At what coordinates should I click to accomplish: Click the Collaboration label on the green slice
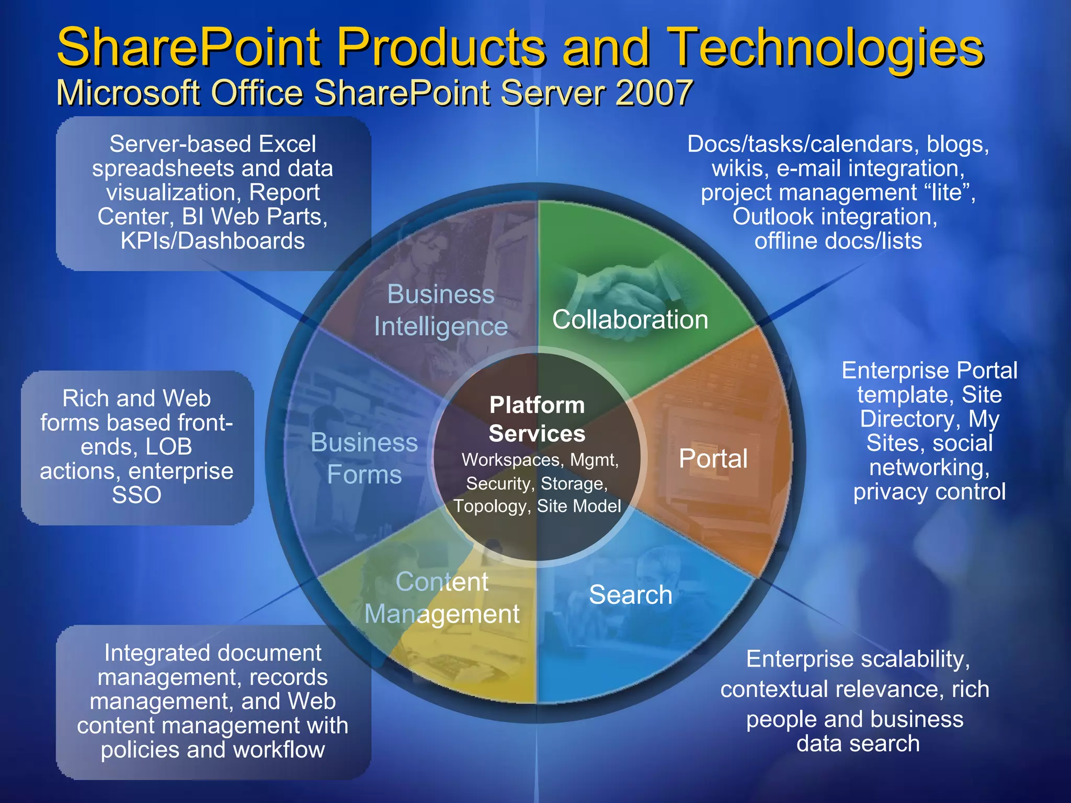630,319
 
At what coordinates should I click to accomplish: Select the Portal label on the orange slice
713,458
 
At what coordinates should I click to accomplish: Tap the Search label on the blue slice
630,594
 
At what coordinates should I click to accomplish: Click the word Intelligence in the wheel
441,327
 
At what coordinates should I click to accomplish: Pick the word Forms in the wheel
364,475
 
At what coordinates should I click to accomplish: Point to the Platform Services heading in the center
537,419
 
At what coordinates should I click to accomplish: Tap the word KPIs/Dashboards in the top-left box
213,241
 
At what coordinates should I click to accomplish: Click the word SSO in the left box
136,495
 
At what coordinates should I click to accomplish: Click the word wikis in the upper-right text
739,168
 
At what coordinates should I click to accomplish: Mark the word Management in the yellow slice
442,614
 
